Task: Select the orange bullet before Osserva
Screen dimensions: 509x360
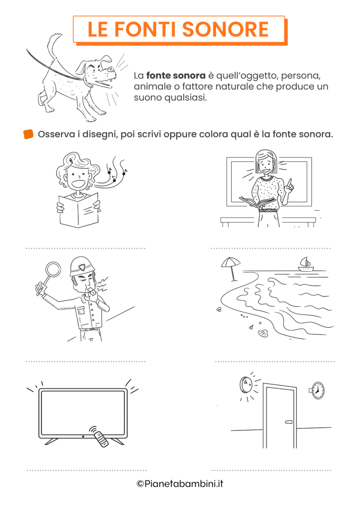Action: click(28, 134)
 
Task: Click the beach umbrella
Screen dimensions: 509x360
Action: click(230, 262)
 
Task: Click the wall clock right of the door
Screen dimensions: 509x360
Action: click(318, 390)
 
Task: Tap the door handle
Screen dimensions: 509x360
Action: click(288, 422)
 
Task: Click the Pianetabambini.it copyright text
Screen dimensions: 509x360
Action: click(180, 484)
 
